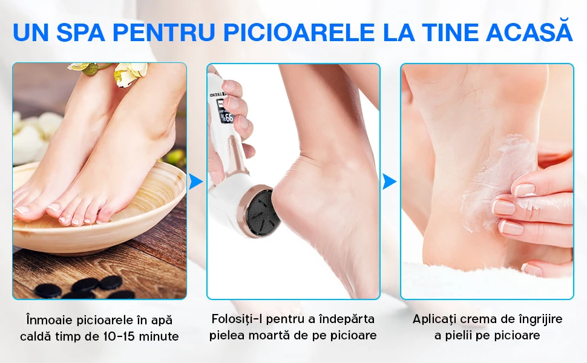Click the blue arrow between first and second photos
195,181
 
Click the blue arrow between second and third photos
389,181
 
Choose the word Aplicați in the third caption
436,319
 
